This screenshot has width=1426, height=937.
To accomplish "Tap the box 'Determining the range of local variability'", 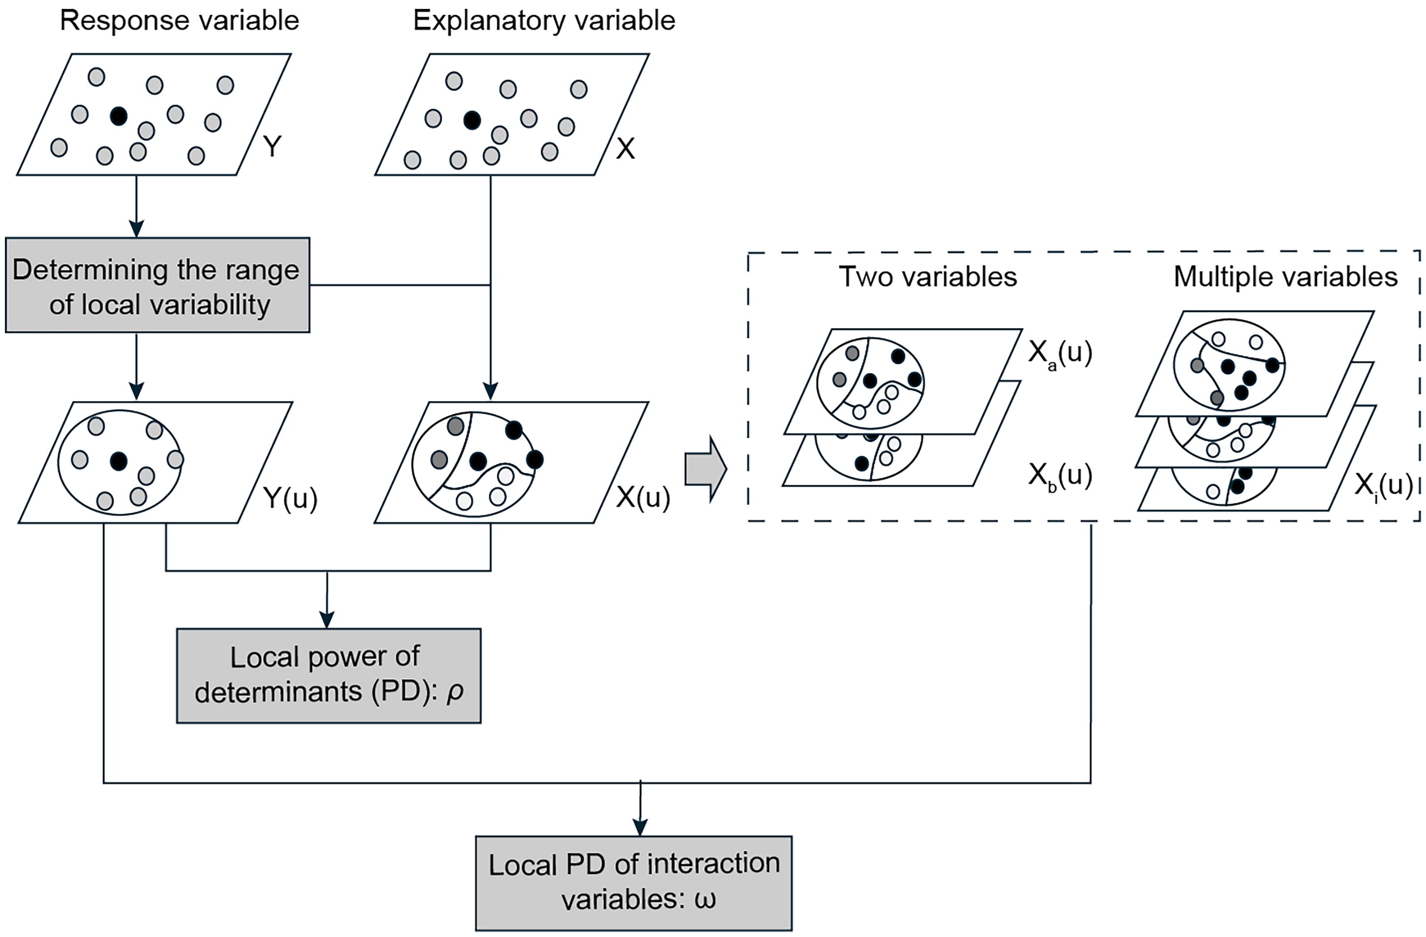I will (157, 285).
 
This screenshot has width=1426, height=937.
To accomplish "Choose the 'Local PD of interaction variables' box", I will (633, 882).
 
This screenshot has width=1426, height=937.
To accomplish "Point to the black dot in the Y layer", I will (119, 116).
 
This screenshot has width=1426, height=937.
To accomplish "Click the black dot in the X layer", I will (473, 121).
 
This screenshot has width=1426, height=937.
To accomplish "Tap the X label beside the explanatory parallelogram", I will (625, 148).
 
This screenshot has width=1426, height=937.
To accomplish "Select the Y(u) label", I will (291, 498).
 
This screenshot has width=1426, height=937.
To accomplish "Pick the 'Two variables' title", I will (927, 277).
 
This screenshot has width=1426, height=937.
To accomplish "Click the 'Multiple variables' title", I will (1285, 277).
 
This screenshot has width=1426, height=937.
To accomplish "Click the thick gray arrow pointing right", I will (705, 468).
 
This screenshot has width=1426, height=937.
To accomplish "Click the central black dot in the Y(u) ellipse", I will (119, 461).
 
